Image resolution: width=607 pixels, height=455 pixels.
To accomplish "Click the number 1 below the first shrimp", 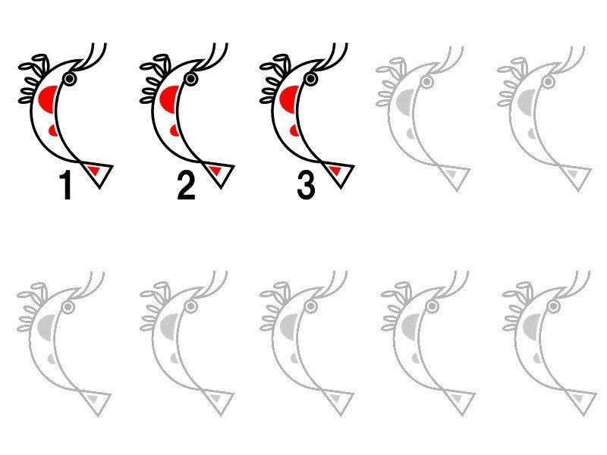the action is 67,186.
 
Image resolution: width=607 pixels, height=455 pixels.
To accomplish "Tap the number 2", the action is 186,186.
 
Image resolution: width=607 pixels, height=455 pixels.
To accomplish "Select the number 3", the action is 307,186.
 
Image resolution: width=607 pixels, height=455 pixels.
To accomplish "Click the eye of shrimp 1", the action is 70,79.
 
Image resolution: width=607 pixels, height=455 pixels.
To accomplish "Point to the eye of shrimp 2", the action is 190,79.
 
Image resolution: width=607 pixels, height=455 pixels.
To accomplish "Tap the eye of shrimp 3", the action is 311,79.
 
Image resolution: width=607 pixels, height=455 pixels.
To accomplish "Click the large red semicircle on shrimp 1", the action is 48,99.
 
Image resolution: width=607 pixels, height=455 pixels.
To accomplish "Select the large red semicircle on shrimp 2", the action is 169,99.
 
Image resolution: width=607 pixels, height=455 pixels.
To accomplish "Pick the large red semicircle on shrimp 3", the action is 289,99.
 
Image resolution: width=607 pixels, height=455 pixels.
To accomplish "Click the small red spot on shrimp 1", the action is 54,130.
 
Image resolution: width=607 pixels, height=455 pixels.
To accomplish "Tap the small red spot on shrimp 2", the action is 175,130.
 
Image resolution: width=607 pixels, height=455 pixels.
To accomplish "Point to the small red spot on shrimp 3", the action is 295,130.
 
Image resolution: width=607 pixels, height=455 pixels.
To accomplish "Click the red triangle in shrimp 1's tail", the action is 94,170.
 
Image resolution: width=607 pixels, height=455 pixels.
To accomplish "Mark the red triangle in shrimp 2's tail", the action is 215,170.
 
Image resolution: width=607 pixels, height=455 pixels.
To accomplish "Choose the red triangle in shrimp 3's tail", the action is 335,170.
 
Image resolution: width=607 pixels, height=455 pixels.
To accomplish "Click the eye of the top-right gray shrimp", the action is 547,82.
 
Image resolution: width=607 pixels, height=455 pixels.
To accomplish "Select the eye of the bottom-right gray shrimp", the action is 554,306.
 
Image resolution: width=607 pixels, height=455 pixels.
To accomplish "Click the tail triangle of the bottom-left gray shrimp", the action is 96,403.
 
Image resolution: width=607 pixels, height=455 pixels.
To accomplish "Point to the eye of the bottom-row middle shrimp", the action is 310,306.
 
